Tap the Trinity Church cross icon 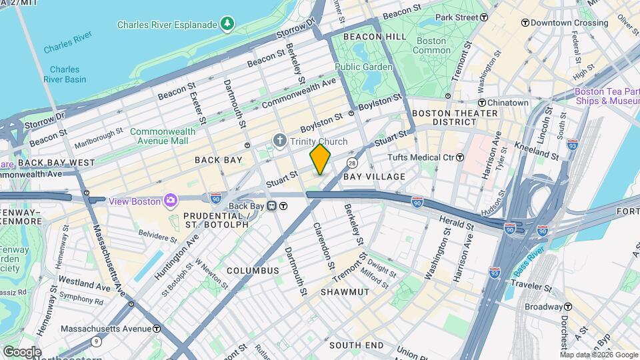[280, 141]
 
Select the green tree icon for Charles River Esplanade [228, 25]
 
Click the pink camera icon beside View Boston [171, 201]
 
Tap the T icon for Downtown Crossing [525, 23]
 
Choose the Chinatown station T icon [482, 103]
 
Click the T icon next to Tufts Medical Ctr [459, 157]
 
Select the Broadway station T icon [568, 307]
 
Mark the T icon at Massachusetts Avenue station [156, 329]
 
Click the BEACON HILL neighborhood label [374, 37]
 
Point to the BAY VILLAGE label [374, 177]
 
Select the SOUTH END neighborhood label [357, 345]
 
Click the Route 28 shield [352, 163]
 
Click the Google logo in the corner [21, 351]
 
